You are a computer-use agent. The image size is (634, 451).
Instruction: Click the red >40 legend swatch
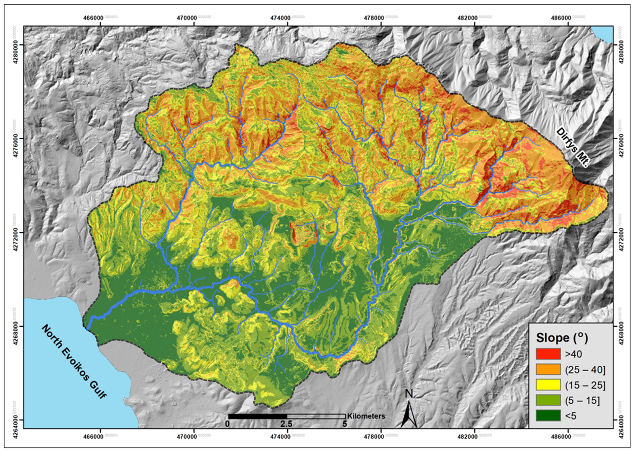[548, 354]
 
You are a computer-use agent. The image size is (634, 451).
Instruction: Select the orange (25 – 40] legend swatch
[548, 370]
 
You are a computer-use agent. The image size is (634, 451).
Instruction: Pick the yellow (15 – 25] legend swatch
[548, 385]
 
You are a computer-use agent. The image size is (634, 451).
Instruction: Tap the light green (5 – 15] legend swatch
[548, 401]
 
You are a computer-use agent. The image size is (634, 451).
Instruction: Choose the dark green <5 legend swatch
[548, 416]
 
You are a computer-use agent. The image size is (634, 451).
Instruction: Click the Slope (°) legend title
[562, 338]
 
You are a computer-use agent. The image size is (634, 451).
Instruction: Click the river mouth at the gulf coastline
[87, 329]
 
